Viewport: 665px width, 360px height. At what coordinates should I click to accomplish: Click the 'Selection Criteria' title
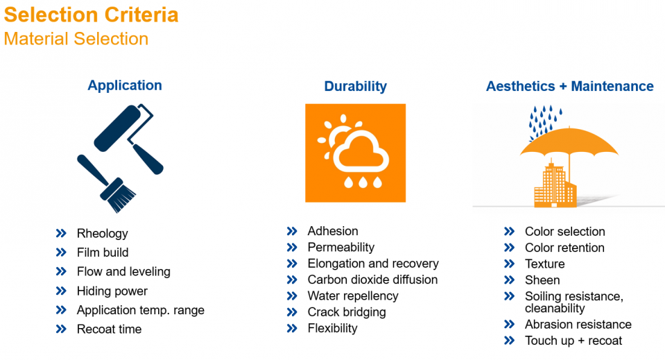(91, 15)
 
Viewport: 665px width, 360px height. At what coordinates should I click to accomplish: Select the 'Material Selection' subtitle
(76, 39)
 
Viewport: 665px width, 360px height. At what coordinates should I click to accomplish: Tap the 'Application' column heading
(125, 85)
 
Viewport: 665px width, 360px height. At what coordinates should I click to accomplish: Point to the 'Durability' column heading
(356, 86)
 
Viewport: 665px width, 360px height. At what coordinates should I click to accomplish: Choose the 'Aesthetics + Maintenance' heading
(569, 86)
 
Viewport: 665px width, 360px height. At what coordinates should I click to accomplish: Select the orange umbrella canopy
(569, 142)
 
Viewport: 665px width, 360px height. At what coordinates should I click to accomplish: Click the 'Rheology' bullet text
(102, 234)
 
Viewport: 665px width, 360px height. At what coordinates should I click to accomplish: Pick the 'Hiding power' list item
(112, 291)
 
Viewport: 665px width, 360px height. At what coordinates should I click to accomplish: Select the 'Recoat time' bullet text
(109, 329)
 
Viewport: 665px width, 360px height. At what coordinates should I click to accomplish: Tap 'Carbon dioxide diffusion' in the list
(372, 280)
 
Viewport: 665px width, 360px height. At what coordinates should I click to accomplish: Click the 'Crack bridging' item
(347, 312)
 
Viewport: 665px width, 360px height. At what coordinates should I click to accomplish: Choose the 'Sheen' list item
(542, 280)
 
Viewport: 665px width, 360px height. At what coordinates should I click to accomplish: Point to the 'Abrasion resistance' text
(578, 325)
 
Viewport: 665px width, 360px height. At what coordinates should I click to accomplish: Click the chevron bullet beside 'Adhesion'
(292, 231)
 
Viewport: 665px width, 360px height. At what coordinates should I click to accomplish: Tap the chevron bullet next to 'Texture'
(509, 264)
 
